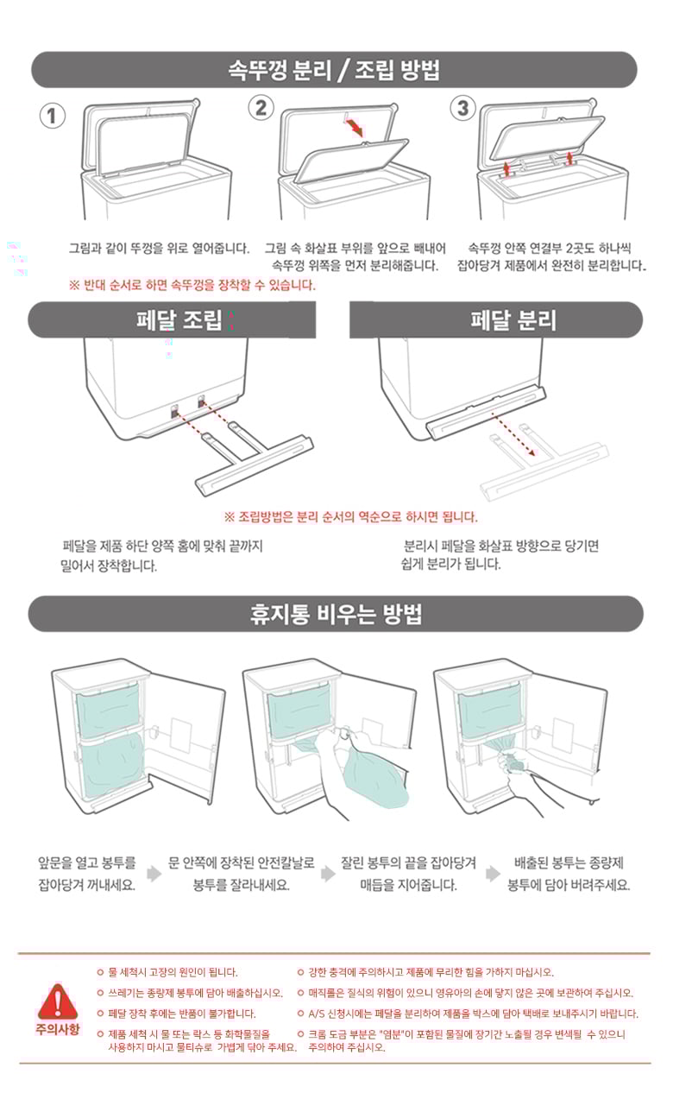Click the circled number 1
coord(52,116)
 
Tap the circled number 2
coord(261,107)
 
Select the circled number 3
coord(462,108)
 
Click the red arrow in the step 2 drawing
coord(354,126)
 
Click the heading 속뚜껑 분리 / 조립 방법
coord(334,70)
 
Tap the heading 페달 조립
coord(179,319)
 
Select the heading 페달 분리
coord(513,320)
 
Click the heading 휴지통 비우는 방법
coord(336,614)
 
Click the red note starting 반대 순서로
coord(192,285)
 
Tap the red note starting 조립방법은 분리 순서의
coord(350,517)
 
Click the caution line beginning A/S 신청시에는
coord(469,1014)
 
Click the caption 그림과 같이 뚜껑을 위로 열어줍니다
coord(159,249)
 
